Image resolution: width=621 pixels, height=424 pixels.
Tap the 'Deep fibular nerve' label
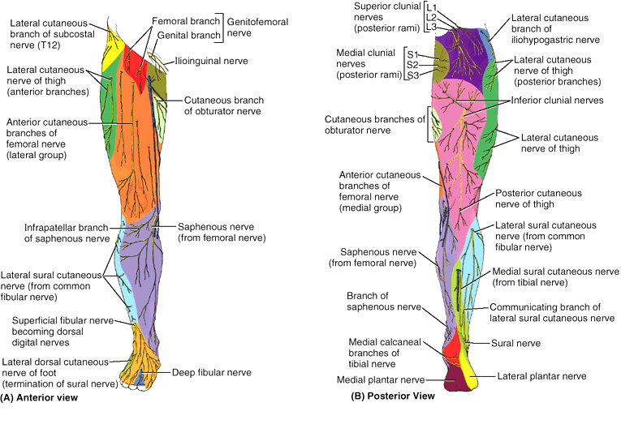pyautogui.click(x=210, y=373)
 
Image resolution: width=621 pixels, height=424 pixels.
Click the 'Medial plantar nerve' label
pyautogui.click(x=380, y=379)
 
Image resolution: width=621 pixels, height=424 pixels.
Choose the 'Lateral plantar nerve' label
pyautogui.click(x=541, y=376)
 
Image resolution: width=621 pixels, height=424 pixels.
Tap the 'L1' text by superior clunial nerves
pyautogui.click(x=431, y=7)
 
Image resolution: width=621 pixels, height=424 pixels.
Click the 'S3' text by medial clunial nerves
pyautogui.click(x=413, y=75)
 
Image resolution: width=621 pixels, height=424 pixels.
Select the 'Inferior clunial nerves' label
pyautogui.click(x=557, y=101)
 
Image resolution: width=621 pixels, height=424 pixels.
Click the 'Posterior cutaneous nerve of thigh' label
pyautogui.click(x=538, y=199)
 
